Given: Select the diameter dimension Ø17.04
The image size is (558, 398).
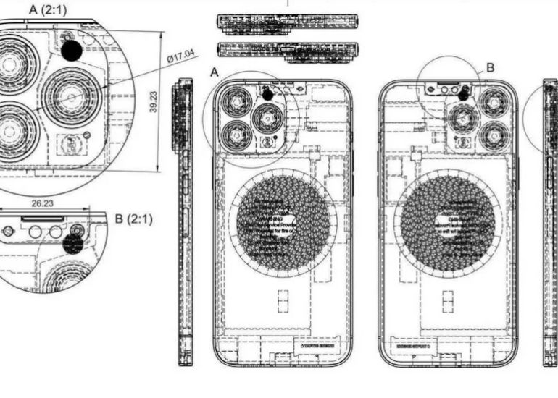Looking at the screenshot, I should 180,56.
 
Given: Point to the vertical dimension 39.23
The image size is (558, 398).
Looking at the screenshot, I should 154,101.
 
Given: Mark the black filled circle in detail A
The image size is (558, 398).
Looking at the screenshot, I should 72,50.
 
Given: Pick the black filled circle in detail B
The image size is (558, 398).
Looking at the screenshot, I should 72,243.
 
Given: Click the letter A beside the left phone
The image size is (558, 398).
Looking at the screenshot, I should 214,72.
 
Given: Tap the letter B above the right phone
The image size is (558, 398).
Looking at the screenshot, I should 490,67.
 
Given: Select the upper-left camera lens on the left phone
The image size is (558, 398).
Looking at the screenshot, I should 237,100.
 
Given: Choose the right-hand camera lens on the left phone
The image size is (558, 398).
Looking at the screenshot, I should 267,117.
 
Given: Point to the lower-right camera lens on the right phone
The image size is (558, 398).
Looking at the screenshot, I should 495,135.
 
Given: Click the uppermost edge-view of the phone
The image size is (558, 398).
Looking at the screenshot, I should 287,22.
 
